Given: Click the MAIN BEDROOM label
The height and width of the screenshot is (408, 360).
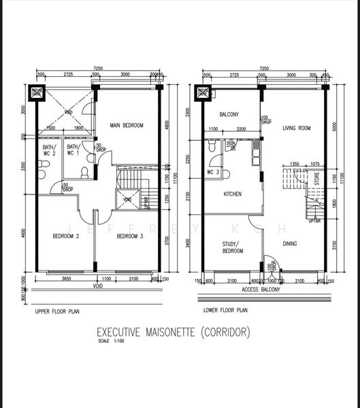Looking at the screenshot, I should pyautogui.click(x=127, y=125).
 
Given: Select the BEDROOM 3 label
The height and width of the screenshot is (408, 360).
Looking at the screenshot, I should pyautogui.click(x=129, y=236).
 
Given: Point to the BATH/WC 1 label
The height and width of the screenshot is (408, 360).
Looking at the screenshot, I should pyautogui.click(x=73, y=150).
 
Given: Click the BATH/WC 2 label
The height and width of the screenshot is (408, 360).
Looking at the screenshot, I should pyautogui.click(x=50, y=150).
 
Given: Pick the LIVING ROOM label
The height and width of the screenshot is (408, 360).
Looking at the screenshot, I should pyautogui.click(x=297, y=127).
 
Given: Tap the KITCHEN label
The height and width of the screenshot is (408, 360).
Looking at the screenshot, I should pyautogui.click(x=233, y=194).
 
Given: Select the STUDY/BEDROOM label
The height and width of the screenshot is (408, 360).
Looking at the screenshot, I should pyautogui.click(x=233, y=247).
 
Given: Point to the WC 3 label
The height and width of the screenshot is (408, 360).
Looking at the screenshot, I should pyautogui.click(x=214, y=172).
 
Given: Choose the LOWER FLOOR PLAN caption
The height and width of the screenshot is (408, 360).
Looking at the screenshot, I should pyautogui.click(x=227, y=311).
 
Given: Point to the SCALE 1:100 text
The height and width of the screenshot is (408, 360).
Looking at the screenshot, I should pyautogui.click(x=108, y=342).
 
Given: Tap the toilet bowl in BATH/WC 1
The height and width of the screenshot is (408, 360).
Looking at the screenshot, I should pyautogui.click(x=84, y=172).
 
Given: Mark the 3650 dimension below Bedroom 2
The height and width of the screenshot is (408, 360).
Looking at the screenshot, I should pyautogui.click(x=65, y=279).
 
